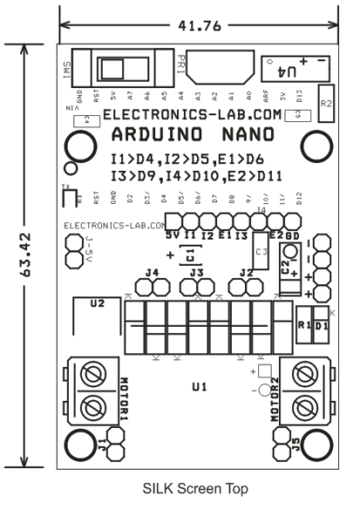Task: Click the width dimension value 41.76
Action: pyautogui.click(x=198, y=25)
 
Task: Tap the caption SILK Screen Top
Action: pyautogui.click(x=197, y=489)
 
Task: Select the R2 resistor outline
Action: pyautogui.click(x=327, y=102)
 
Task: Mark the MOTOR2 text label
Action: pyautogui.click(x=274, y=399)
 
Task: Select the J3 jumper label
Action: pyautogui.click(x=198, y=274)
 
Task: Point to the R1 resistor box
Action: pyautogui.click(x=304, y=323)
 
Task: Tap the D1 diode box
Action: pyautogui.click(x=321, y=323)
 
